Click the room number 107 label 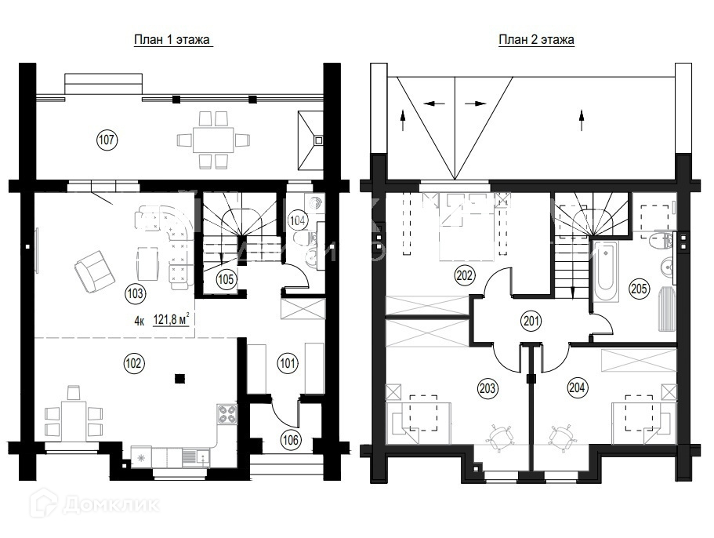point(107,140)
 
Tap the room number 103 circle point(135,293)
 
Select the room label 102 point(133,363)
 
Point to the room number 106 point(291,439)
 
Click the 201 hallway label point(531,322)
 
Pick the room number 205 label point(639,289)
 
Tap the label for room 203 point(487,388)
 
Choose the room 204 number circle point(577,387)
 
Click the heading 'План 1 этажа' point(172,40)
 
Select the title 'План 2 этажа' point(536,40)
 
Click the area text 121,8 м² point(171,319)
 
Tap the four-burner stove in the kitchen point(227,414)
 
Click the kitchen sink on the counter point(195,457)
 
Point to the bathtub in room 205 point(606,271)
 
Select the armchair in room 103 point(95,271)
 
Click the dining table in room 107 point(213,140)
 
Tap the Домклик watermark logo point(95,503)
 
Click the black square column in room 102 point(180,378)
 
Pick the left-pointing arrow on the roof point(434,104)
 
